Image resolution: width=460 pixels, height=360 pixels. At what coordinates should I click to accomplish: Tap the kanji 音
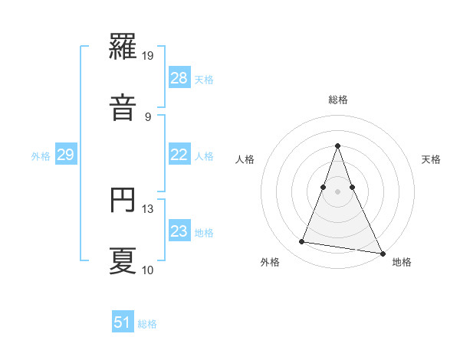[x=123, y=109]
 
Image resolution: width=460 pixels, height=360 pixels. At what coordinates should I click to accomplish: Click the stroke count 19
[x=149, y=54]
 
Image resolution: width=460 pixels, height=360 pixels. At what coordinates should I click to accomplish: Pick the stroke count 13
[x=149, y=208]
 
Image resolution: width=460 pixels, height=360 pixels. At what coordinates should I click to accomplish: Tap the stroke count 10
[x=149, y=270]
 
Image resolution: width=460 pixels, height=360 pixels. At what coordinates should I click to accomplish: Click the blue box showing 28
[x=179, y=78]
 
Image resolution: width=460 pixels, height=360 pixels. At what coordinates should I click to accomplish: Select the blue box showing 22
[x=179, y=155]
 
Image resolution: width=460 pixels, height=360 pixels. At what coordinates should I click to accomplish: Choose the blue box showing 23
[x=179, y=231]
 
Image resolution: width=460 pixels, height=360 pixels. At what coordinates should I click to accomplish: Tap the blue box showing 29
[x=65, y=155]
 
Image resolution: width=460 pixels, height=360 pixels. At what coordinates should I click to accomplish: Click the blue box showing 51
[x=123, y=322]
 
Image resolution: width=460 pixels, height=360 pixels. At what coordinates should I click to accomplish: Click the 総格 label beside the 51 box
[x=147, y=323]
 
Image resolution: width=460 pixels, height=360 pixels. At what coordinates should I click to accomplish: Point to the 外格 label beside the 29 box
[x=41, y=155]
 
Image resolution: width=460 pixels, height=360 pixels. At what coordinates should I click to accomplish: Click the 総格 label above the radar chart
[x=338, y=100]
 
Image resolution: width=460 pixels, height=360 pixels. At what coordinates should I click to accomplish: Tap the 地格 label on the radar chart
[x=402, y=262]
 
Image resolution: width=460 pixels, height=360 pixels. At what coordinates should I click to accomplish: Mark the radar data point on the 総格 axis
[x=338, y=146]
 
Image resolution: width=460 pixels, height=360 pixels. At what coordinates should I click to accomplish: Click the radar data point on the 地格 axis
[x=382, y=253]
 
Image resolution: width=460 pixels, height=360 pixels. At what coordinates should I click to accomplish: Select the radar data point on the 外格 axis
[x=302, y=242]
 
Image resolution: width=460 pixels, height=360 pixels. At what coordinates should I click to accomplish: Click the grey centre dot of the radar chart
[x=338, y=191]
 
